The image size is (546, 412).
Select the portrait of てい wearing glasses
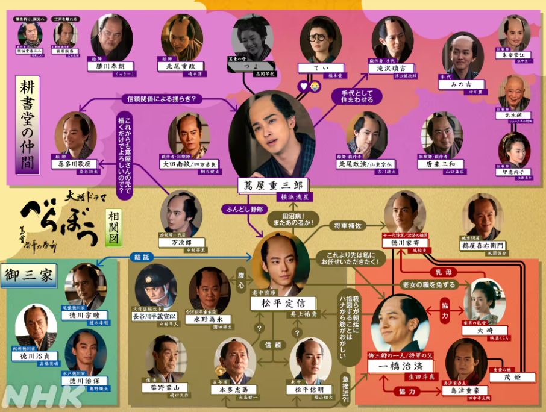(321, 40)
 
